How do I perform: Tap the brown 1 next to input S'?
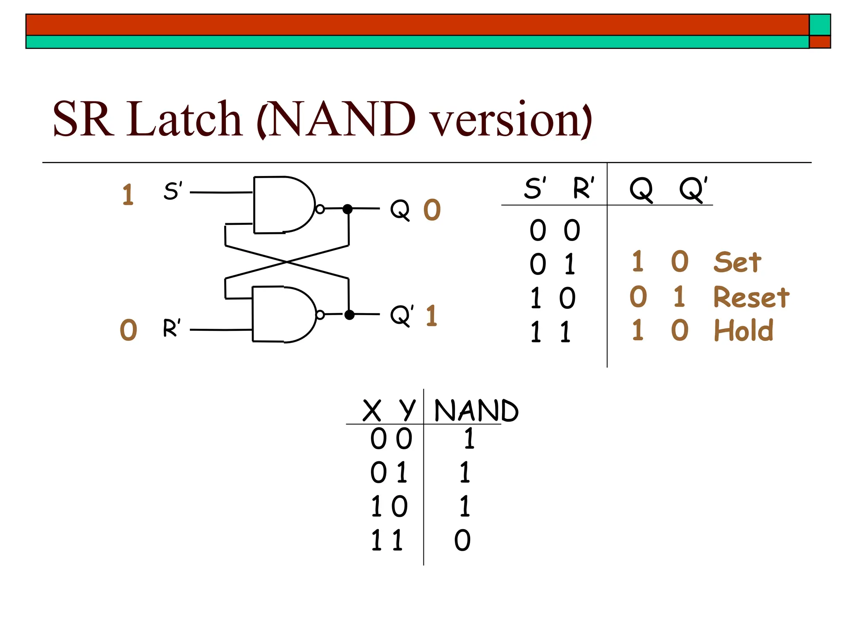pyautogui.click(x=128, y=195)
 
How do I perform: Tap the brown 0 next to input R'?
pyautogui.click(x=128, y=330)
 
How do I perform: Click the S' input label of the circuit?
pyautogui.click(x=172, y=191)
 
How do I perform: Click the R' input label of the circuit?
pyautogui.click(x=172, y=328)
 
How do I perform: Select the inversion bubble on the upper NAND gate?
pyautogui.click(x=320, y=209)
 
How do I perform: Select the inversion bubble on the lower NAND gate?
pyautogui.click(x=320, y=315)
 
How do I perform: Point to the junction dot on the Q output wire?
pyautogui.click(x=348, y=209)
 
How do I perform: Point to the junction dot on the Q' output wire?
pyautogui.click(x=349, y=315)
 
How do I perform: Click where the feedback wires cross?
pyautogui.click(x=287, y=262)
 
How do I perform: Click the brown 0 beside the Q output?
pyautogui.click(x=432, y=210)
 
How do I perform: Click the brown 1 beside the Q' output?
pyautogui.click(x=431, y=316)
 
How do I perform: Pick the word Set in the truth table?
pyautogui.click(x=737, y=262)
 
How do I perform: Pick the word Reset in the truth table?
pyautogui.click(x=751, y=297)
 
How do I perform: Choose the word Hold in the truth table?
pyautogui.click(x=744, y=330)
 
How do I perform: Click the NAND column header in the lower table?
pyautogui.click(x=476, y=411)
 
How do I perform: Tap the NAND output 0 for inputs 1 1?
pyautogui.click(x=462, y=540)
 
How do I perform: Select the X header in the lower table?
pyautogui.click(x=371, y=411)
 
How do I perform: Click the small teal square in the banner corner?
pyautogui.click(x=820, y=25)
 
